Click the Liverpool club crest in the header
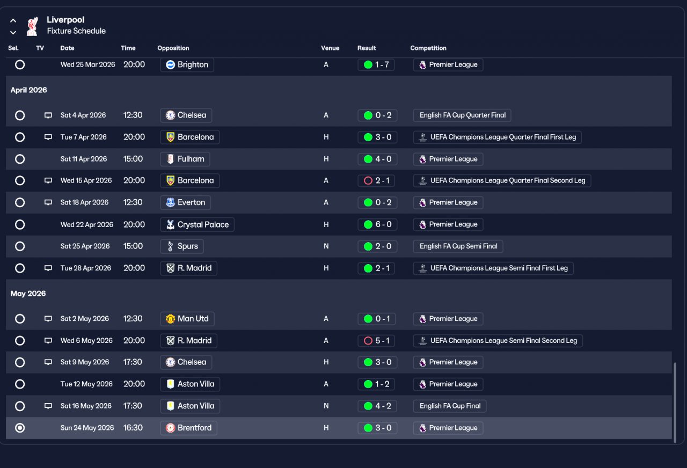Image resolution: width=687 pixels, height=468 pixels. click(x=32, y=26)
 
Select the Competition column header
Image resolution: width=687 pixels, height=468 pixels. click(x=428, y=48)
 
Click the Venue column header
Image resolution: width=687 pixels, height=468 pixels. click(x=330, y=48)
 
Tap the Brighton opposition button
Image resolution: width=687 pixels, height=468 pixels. click(x=187, y=65)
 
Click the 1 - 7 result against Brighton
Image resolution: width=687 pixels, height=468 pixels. click(x=376, y=65)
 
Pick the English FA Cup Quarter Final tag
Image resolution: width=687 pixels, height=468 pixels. click(x=462, y=115)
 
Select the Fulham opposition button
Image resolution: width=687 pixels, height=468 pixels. click(x=185, y=159)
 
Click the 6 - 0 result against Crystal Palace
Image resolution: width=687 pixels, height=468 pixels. click(x=377, y=224)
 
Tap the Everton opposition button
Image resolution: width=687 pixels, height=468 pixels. click(x=185, y=202)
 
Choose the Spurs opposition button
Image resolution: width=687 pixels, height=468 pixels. click(x=182, y=246)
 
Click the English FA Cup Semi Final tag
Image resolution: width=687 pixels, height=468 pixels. click(x=458, y=246)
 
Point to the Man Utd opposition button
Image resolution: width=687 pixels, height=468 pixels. click(x=187, y=319)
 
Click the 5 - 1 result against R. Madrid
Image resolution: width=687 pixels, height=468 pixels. click(x=376, y=340)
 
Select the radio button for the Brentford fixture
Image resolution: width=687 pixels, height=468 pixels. click(x=20, y=428)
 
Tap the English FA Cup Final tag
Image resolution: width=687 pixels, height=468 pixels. click(x=450, y=406)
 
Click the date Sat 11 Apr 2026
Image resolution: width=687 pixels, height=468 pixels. click(x=83, y=159)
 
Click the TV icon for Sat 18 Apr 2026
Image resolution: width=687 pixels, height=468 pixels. click(x=48, y=202)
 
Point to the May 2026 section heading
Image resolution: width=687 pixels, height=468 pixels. click(x=28, y=294)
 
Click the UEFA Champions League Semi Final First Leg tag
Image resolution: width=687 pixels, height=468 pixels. click(x=493, y=268)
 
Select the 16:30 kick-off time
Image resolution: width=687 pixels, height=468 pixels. click(x=133, y=428)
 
